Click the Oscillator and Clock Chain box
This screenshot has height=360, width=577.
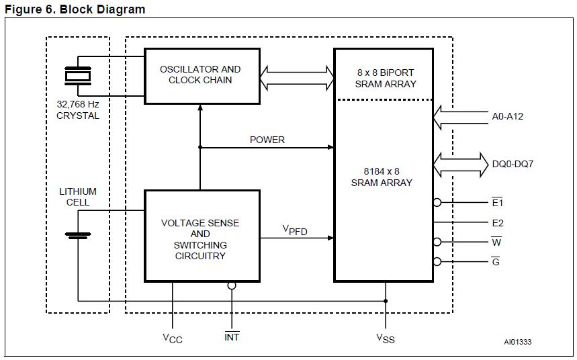point(202,75)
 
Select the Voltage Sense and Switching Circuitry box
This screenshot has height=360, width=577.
point(202,236)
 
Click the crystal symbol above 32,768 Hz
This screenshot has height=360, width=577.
point(77,75)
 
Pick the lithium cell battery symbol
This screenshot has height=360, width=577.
point(78,235)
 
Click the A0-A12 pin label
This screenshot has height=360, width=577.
point(507,116)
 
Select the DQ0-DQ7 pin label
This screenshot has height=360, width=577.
point(513,163)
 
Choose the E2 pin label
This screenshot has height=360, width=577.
point(497,223)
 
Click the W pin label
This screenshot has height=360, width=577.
point(496,242)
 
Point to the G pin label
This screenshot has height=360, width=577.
point(496,262)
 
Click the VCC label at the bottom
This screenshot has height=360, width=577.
point(172,339)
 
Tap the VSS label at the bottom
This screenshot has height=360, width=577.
point(385,339)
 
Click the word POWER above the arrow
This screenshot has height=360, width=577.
point(267,140)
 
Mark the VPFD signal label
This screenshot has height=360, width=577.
point(295,230)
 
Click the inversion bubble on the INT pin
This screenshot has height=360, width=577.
point(232,285)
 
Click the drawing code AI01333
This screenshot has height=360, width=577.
point(517,343)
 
